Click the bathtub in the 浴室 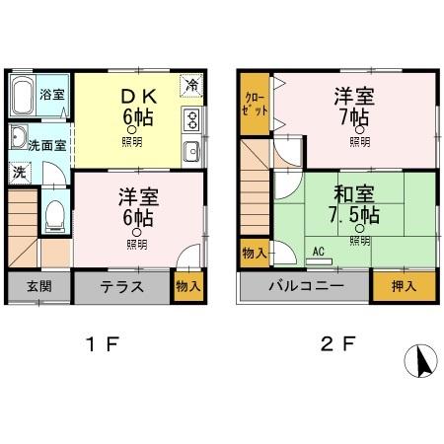(x=24, y=97)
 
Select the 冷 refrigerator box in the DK (x=192, y=85)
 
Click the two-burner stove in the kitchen (x=191, y=122)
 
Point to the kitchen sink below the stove (x=191, y=151)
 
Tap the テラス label (x=122, y=288)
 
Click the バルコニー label (x=305, y=287)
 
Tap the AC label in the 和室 (x=319, y=251)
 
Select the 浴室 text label (x=52, y=95)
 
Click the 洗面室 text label (x=46, y=144)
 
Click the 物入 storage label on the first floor (x=187, y=287)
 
